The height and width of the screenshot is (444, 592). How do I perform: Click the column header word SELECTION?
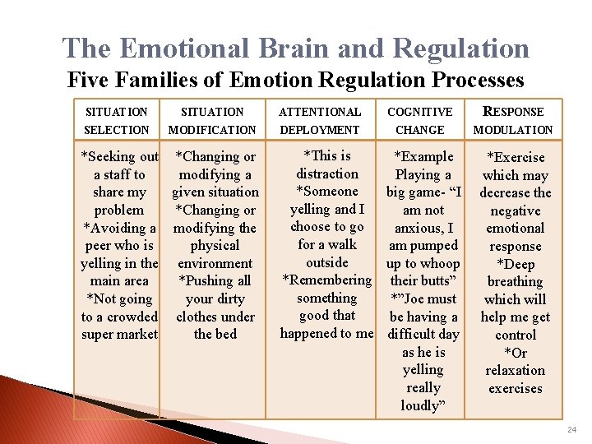pyautogui.click(x=117, y=130)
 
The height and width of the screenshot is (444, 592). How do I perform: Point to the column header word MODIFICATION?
pyautogui.click(x=212, y=130)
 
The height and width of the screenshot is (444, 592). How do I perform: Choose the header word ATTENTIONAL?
pyautogui.click(x=320, y=112)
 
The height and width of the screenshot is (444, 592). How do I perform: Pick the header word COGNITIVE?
pyautogui.click(x=420, y=112)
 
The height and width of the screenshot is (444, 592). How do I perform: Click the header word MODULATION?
pyautogui.click(x=513, y=130)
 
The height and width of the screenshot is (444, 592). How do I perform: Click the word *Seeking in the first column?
pyautogui.click(x=108, y=156)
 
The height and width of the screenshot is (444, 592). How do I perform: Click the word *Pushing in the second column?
pyautogui.click(x=207, y=280)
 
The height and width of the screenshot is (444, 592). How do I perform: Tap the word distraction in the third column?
pyautogui.click(x=327, y=173)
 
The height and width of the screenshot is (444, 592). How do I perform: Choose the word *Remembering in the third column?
pyautogui.click(x=327, y=280)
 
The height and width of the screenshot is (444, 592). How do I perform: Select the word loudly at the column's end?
pyautogui.click(x=423, y=405)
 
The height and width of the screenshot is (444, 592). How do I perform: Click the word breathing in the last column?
pyautogui.click(x=515, y=282)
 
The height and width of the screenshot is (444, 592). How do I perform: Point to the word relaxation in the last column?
pyautogui.click(x=515, y=371)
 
